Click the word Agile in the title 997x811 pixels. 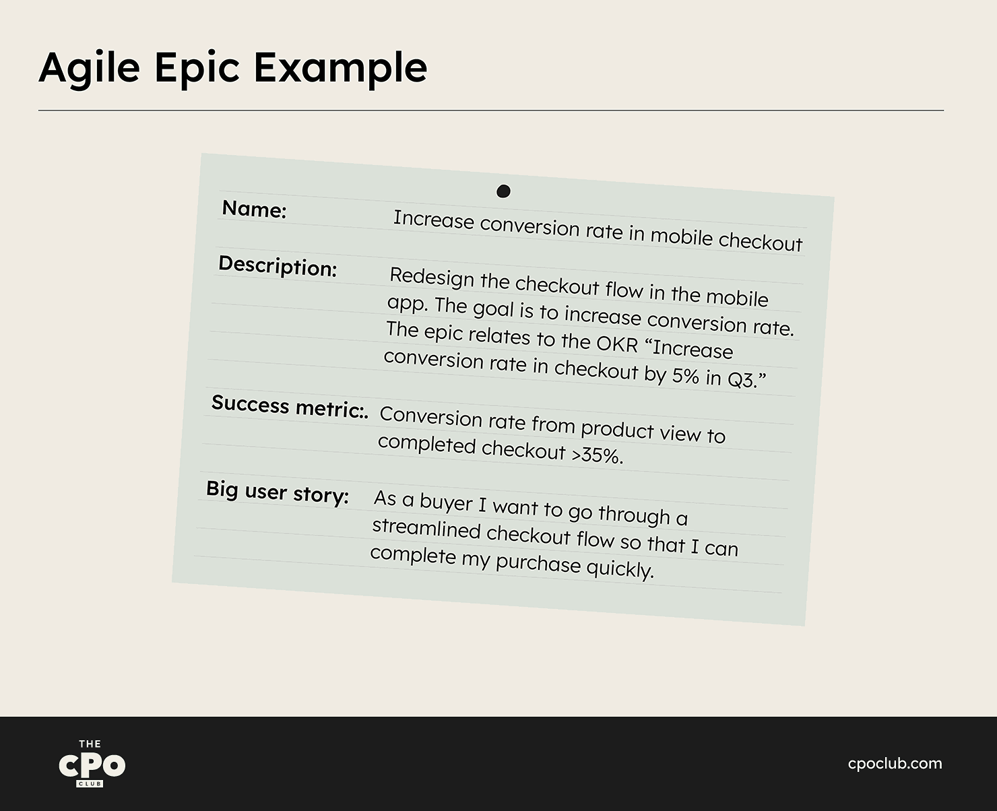pos(90,68)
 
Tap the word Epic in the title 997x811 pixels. pos(197,68)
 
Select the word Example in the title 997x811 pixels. pos(340,68)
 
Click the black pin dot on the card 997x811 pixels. pos(503,191)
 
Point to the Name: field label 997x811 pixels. pos(254,209)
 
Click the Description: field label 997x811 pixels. pos(278,266)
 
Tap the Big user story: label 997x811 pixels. pos(278,492)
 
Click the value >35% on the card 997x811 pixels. pos(598,455)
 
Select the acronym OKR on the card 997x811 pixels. pos(617,344)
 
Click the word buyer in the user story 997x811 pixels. pos(446,502)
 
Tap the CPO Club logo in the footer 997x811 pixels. pos(92,763)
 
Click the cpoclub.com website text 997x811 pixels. pos(895,764)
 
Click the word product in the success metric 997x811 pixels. pos(617,429)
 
